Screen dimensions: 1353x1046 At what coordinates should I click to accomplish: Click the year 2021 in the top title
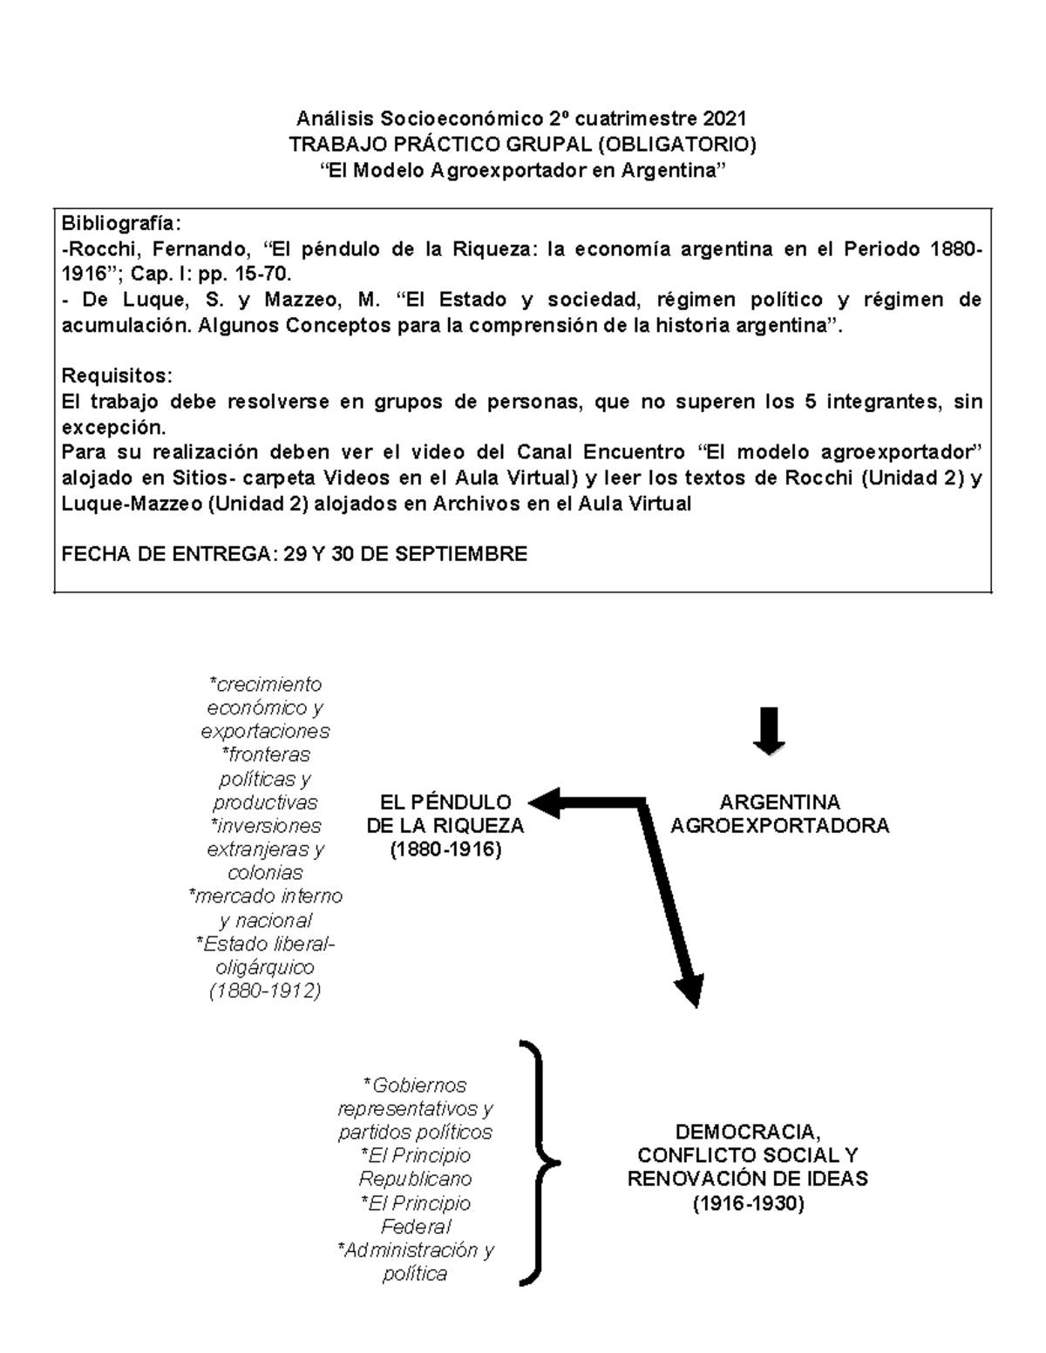tap(724, 118)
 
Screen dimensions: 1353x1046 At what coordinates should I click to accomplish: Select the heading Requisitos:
tap(117, 376)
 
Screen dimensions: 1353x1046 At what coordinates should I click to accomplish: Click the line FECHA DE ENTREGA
tap(295, 554)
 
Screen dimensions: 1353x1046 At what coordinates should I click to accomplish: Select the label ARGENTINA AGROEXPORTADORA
tap(779, 814)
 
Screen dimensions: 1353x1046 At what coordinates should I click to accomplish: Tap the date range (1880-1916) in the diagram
tap(445, 849)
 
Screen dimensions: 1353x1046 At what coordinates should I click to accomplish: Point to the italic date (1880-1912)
tap(265, 991)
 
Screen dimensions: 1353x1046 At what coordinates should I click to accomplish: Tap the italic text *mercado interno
tap(265, 896)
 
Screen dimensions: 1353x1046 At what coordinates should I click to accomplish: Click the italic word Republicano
tap(415, 1179)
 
